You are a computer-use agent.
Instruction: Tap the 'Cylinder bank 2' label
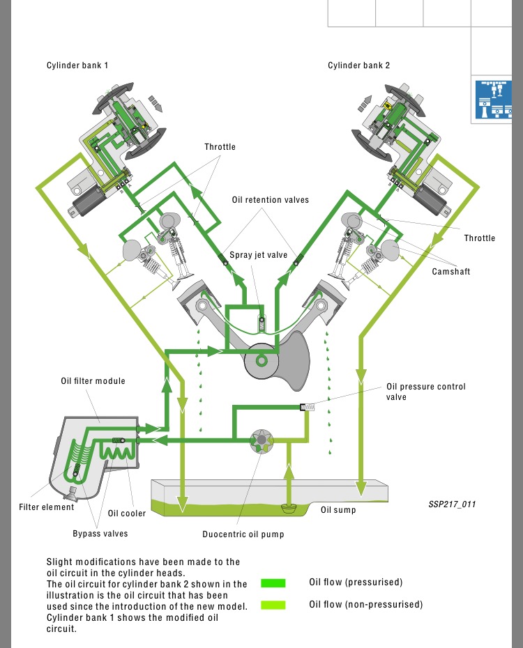coord(358,65)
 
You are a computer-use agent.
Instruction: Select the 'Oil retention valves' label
coord(271,200)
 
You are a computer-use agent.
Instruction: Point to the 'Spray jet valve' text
coord(258,255)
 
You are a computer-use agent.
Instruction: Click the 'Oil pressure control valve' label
coord(426,392)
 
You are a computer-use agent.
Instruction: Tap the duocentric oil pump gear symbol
coord(261,441)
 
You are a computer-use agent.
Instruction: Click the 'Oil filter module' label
coord(93,381)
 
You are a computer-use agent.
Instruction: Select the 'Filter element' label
coord(46,507)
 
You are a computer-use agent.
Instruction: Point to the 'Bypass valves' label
coord(100,534)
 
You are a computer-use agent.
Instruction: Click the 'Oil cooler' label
coord(127,514)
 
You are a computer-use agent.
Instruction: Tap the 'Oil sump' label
coord(338,510)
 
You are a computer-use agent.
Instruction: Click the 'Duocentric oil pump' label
coord(243,535)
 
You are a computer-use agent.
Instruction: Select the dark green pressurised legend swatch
coord(273,583)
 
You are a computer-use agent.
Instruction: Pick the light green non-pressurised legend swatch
coord(273,605)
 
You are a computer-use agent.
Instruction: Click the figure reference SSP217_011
coord(453,504)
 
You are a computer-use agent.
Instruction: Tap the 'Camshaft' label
coord(451,271)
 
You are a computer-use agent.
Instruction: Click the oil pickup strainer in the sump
coord(289,508)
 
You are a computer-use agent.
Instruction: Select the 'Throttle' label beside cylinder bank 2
coord(480,238)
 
